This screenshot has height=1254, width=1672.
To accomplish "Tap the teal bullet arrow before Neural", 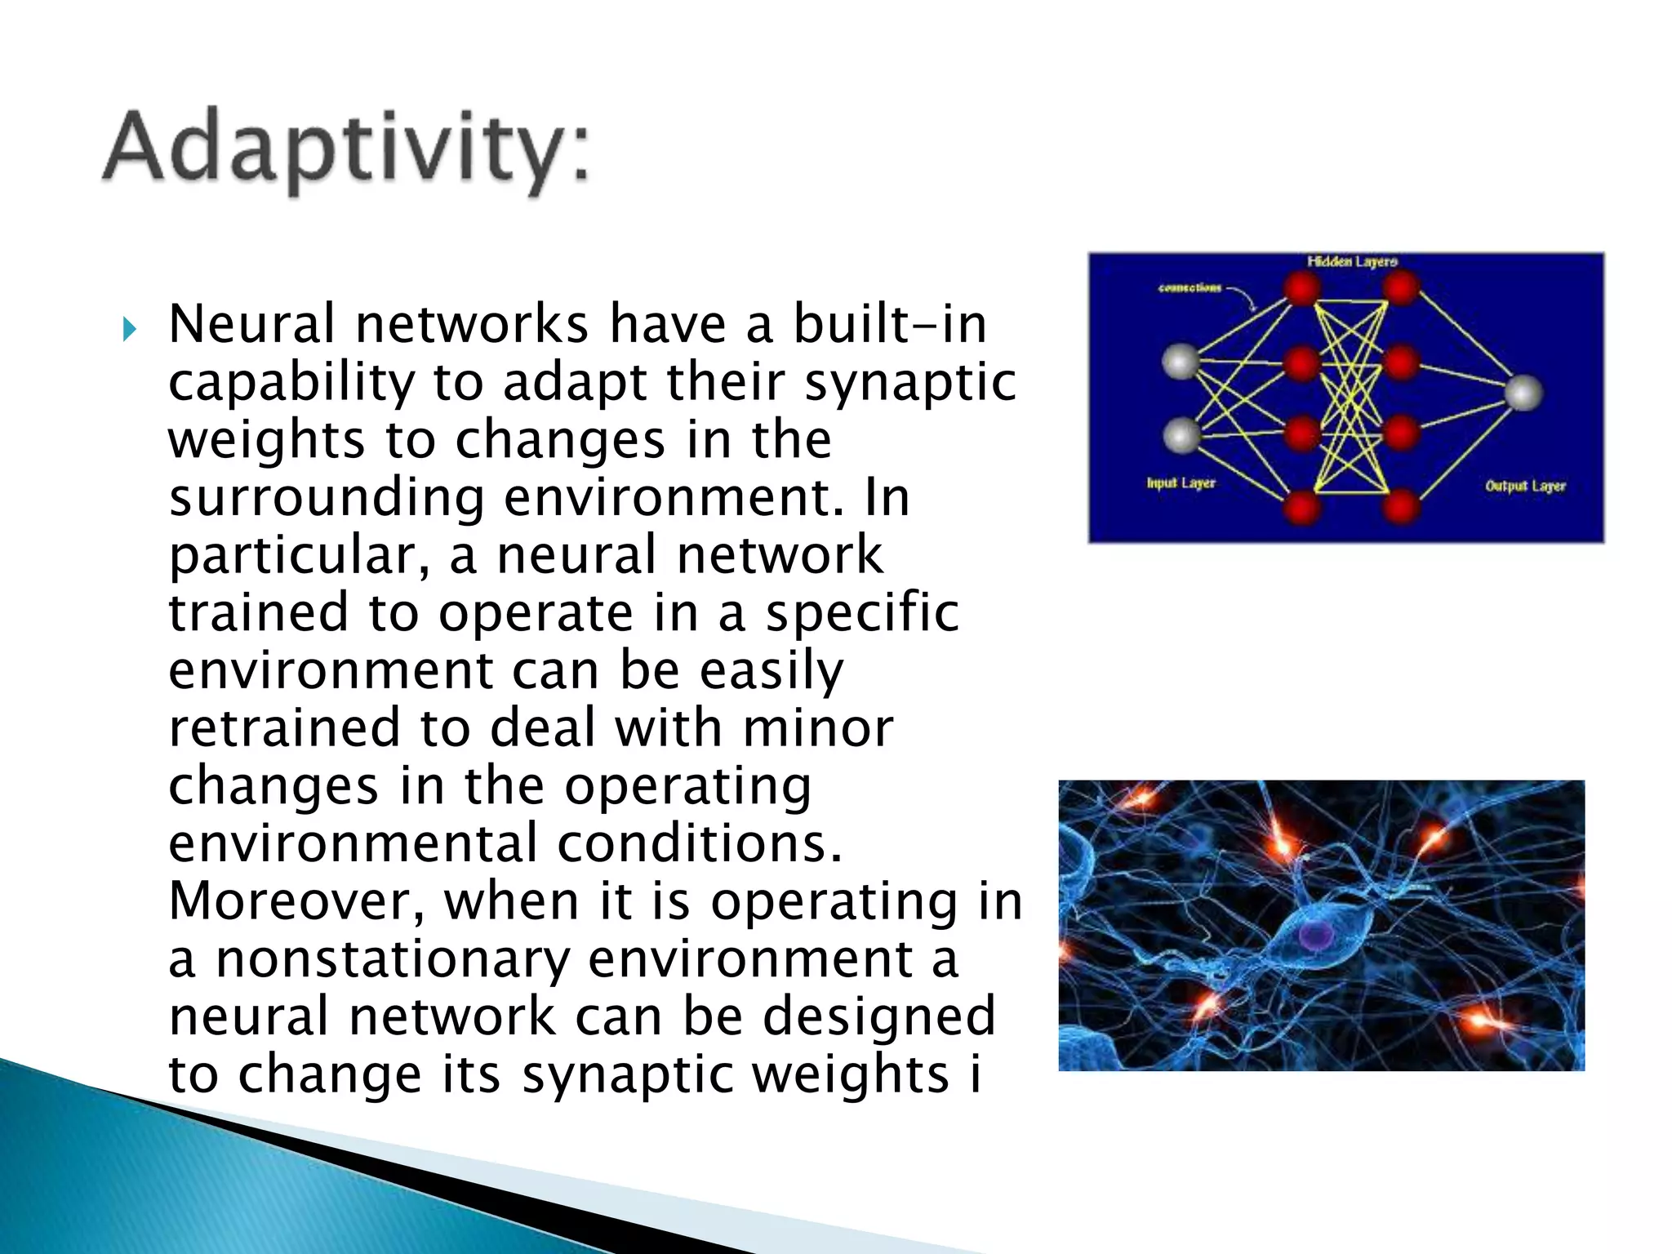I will pyautogui.click(x=129, y=331).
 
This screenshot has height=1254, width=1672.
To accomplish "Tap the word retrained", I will pyautogui.click(x=284, y=728).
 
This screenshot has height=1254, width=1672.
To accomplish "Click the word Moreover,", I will pyautogui.click(x=296, y=901).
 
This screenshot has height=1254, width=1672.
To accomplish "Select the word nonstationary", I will pyautogui.click(x=392, y=959).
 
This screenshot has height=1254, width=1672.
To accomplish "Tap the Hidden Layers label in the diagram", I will pyautogui.click(x=1352, y=262).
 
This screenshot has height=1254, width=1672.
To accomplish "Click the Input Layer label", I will pyautogui.click(x=1181, y=483).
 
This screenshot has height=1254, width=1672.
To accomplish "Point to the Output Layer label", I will pyautogui.click(x=1525, y=487).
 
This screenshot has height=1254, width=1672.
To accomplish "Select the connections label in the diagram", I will pyautogui.click(x=1190, y=288).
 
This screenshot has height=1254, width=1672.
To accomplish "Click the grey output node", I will pyautogui.click(x=1523, y=393).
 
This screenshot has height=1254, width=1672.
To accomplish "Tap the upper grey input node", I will pyautogui.click(x=1181, y=362).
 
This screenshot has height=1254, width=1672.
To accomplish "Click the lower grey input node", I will pyautogui.click(x=1181, y=435).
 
